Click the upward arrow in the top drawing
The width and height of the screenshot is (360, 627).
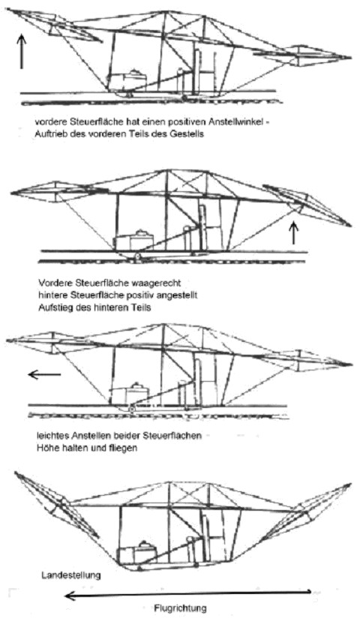[22, 51]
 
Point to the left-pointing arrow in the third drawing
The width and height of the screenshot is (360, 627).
[44, 375]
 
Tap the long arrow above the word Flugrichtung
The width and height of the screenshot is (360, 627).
[187, 594]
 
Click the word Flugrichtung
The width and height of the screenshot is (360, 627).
[181, 608]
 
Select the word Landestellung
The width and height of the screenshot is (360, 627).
[70, 575]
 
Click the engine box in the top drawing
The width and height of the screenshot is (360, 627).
[127, 82]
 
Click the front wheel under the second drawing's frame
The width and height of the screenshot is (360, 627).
[137, 256]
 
